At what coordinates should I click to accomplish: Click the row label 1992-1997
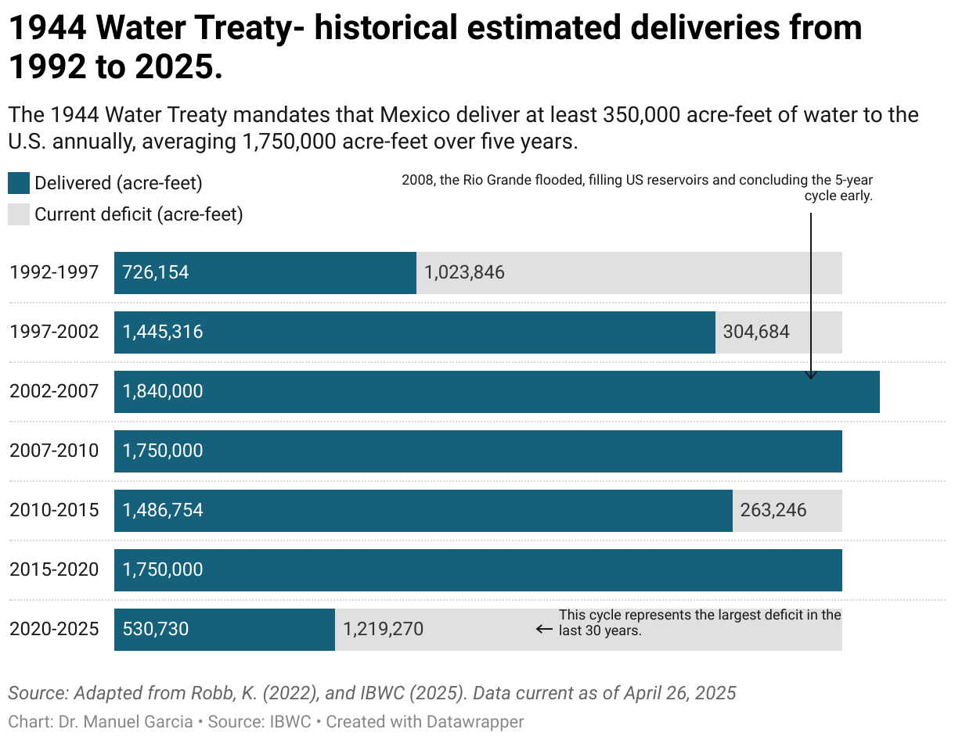[54, 272]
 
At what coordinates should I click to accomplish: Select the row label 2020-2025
[54, 629]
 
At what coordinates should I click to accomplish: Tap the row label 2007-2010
[54, 451]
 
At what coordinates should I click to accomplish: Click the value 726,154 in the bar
[156, 272]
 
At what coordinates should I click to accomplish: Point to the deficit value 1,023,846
[464, 272]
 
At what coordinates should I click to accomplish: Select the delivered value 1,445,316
[163, 332]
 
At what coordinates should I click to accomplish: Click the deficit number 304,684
[756, 332]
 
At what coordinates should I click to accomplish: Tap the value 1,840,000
[163, 391]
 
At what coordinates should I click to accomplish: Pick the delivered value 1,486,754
[163, 510]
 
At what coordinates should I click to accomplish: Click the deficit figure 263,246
[773, 510]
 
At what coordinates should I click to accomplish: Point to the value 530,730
[156, 629]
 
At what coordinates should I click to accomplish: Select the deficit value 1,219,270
[384, 629]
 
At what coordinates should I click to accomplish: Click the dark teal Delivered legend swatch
[18, 183]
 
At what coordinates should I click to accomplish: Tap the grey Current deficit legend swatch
[18, 214]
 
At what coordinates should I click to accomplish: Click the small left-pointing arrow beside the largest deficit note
[544, 629]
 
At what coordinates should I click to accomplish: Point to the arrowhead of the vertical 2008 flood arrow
[811, 375]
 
